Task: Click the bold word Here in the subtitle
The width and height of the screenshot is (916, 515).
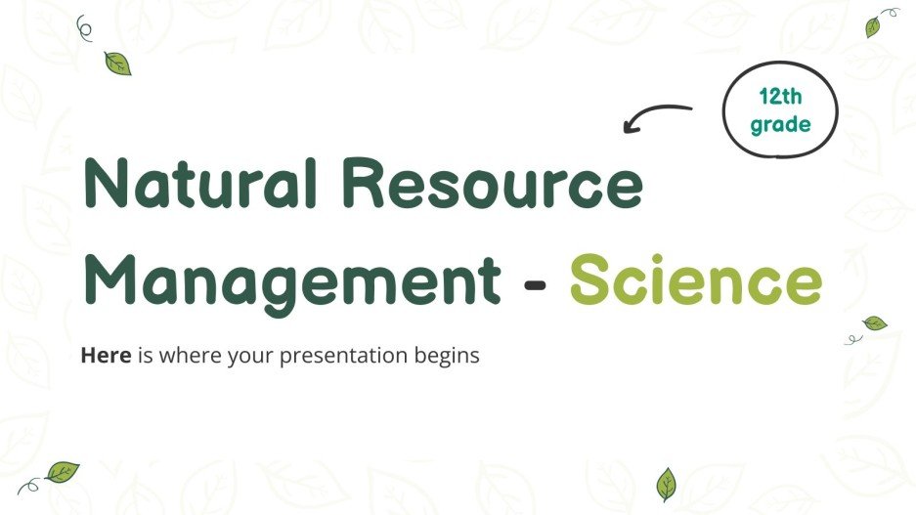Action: pos(105,356)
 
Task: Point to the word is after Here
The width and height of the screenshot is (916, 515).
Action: pos(145,356)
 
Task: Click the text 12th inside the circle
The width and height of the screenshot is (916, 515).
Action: pos(779,97)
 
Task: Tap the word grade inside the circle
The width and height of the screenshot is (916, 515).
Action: pos(779,124)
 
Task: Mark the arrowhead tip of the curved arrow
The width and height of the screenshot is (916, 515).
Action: pos(626,128)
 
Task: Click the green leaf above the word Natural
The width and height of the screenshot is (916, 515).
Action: pos(117,64)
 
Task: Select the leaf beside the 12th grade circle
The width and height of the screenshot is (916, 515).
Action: pos(872,27)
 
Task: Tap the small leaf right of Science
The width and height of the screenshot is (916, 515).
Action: pos(875,323)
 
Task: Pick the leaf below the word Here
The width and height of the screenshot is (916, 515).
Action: pos(62,473)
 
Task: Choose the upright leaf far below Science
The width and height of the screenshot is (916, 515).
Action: pos(666,483)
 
